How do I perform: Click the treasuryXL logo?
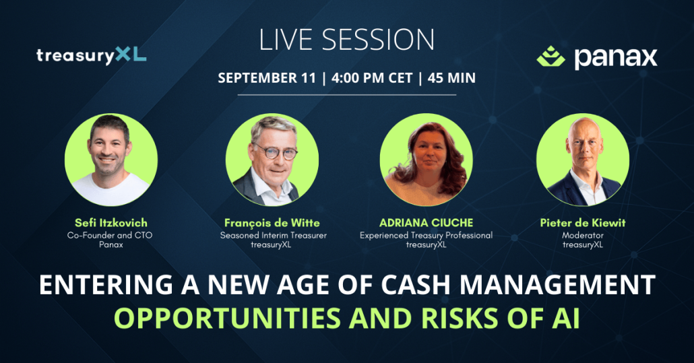click(91, 55)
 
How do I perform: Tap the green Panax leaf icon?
click(550, 56)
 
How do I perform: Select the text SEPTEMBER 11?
click(266, 78)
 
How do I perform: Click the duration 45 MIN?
click(451, 78)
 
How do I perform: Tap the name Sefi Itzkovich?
click(111, 223)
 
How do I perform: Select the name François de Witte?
click(272, 223)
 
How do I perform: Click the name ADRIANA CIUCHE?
click(427, 223)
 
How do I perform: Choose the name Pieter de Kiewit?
click(582, 223)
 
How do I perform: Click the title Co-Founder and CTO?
click(110, 235)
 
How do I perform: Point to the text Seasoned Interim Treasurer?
click(273, 235)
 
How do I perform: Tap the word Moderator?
click(582, 235)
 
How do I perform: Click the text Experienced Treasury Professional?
click(426, 236)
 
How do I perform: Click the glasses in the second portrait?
click(275, 152)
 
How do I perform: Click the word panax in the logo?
click(616, 58)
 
